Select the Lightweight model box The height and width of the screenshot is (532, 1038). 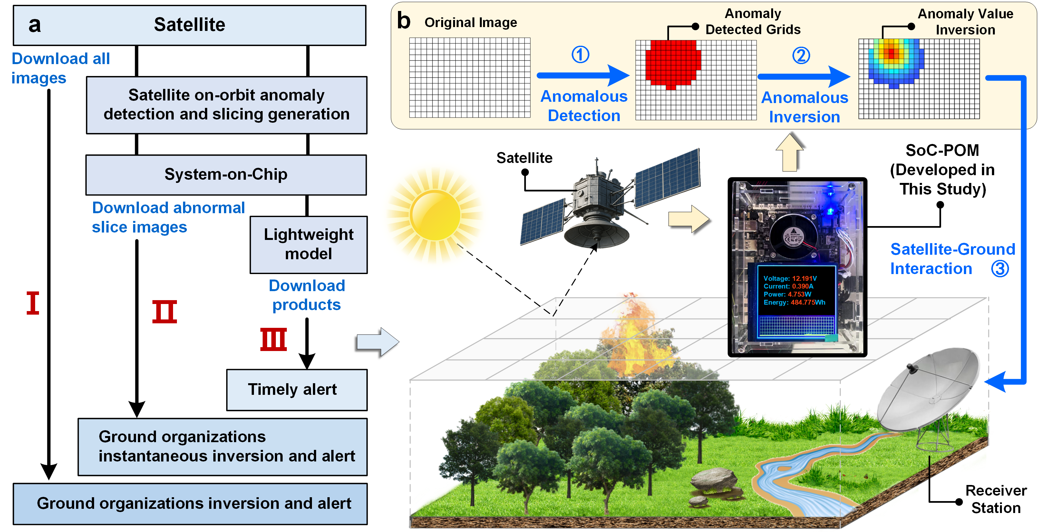click(x=309, y=244)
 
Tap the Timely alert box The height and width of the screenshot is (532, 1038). click(x=296, y=389)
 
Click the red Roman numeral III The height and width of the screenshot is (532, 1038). click(x=273, y=339)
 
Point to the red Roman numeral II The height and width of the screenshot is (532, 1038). click(x=164, y=311)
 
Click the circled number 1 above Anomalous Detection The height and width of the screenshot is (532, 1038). click(x=580, y=54)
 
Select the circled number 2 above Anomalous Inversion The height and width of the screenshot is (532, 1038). click(x=801, y=56)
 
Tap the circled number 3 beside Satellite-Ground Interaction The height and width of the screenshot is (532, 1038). click(x=1000, y=269)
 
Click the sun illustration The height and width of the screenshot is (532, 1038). click(x=435, y=215)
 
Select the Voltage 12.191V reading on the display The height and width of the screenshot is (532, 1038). click(x=790, y=278)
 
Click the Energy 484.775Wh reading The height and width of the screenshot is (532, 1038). click(x=794, y=302)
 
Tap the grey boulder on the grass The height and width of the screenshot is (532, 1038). click(x=713, y=479)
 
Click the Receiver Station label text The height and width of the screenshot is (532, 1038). click(x=996, y=499)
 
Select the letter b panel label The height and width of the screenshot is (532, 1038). click(x=403, y=21)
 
